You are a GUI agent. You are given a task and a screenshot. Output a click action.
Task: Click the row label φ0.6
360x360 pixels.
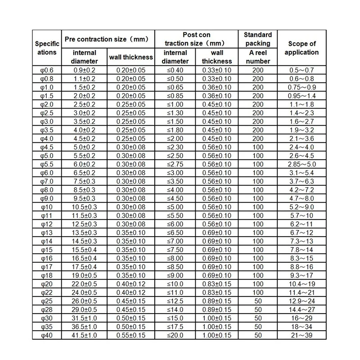click(46, 70)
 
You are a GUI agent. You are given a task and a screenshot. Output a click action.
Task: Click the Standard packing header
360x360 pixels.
click(258, 39)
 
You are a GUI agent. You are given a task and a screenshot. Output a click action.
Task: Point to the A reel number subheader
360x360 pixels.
click(258, 57)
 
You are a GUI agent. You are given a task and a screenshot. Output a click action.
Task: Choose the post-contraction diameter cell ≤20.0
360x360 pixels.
click(175, 335)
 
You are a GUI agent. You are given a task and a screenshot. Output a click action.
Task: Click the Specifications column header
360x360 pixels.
click(47, 48)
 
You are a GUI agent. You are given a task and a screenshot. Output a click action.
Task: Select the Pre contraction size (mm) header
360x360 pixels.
click(107, 39)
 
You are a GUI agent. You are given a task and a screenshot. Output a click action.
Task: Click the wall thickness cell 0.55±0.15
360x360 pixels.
click(131, 335)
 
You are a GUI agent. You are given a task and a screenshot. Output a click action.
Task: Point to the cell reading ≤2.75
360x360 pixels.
click(175, 164)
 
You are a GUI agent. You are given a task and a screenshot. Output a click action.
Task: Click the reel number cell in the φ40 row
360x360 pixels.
click(258, 335)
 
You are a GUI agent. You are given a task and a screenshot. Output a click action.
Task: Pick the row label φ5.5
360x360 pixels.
click(46, 164)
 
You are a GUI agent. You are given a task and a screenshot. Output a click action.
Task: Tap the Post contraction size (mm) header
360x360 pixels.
click(197, 39)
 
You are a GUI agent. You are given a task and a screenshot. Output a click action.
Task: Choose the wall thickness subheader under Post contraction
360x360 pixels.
click(217, 57)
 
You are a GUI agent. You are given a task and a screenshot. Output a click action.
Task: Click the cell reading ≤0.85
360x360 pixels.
click(175, 96)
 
